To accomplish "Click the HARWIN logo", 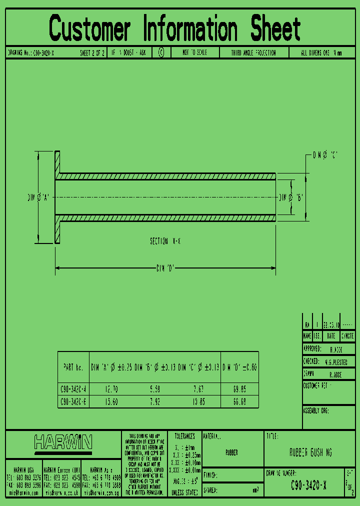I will [63, 442].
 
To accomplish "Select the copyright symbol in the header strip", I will [161, 52].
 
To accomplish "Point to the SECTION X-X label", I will [165, 241].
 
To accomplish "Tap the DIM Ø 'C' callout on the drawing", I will [325, 155].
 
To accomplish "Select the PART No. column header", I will [73, 367].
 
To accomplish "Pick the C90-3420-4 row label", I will [73, 388].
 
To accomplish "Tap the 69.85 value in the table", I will [239, 388].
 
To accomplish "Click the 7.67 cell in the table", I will [199, 388].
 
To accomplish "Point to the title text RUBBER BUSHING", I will [310, 453].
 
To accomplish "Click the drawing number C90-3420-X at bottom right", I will [309, 484].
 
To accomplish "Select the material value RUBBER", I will [231, 453].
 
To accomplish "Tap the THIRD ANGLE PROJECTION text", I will [253, 52].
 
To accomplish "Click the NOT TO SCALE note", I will [194, 52].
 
